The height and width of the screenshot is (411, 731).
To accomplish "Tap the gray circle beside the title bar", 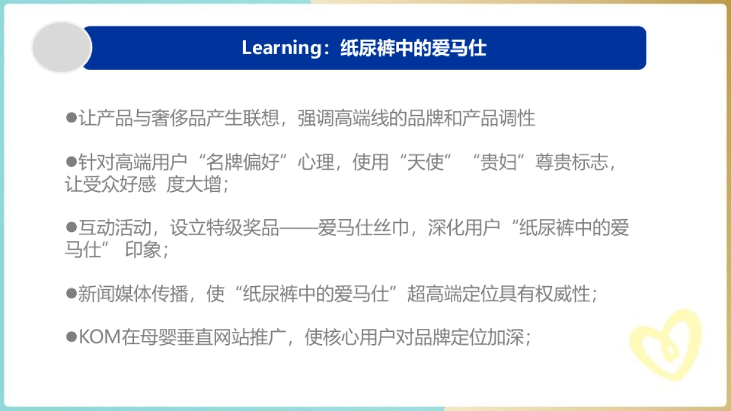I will point(61,47).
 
